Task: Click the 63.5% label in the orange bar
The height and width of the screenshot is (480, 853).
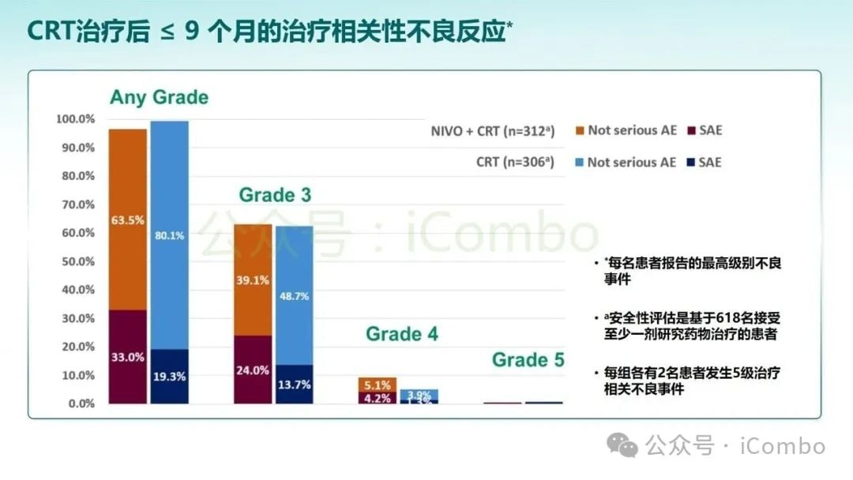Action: (x=127, y=220)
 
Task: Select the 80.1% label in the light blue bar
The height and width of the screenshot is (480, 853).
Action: (x=170, y=235)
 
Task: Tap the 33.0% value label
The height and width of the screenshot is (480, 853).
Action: (x=127, y=357)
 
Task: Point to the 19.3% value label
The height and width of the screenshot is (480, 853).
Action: (x=170, y=377)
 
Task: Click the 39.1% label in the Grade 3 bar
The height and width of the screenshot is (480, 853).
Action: (x=253, y=279)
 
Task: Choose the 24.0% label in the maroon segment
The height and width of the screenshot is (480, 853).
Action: (x=253, y=370)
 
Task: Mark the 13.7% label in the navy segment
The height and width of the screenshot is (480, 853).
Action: (x=294, y=384)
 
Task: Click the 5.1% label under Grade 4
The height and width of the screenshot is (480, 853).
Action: (x=378, y=385)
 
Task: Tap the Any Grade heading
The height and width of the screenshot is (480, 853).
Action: (x=159, y=97)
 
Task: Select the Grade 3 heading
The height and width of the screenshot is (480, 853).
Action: (x=275, y=194)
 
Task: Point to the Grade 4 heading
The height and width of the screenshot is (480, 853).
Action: (x=402, y=334)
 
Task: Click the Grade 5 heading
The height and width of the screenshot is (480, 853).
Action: (x=528, y=360)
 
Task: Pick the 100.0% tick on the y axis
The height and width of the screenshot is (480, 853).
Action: (x=76, y=119)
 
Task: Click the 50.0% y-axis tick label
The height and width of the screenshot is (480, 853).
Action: (x=78, y=261)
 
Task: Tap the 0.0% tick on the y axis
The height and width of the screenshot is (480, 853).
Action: (x=81, y=403)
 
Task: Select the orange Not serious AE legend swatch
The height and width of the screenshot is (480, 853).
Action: (x=581, y=131)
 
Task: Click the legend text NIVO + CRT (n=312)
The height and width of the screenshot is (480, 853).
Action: (x=493, y=131)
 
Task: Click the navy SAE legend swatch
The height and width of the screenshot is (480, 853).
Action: (x=690, y=163)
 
